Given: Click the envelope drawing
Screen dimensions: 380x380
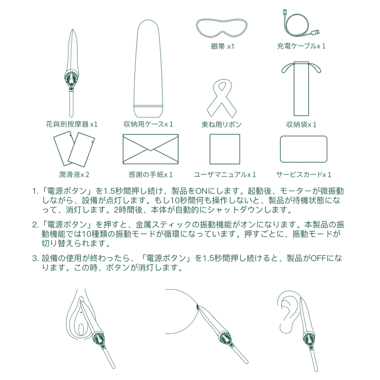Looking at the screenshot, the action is (x=151, y=149).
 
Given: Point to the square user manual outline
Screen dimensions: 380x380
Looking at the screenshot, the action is (x=225, y=149).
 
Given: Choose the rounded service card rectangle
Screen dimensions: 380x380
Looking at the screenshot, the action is (x=304, y=149).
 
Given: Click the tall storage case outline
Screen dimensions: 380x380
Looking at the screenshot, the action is (x=148, y=68).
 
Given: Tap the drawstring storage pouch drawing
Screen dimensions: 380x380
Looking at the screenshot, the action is (x=301, y=89).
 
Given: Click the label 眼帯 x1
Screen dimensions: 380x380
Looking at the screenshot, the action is (x=222, y=46).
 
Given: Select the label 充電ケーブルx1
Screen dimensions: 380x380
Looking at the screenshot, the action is (x=301, y=46).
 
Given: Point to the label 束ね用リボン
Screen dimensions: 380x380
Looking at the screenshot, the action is (x=222, y=124).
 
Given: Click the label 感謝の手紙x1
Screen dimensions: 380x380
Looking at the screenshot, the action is (x=150, y=174).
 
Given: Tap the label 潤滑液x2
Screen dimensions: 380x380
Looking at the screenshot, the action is (x=74, y=174).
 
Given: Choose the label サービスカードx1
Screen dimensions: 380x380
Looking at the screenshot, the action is (x=304, y=174).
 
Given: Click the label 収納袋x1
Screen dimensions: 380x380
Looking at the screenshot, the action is (x=301, y=124).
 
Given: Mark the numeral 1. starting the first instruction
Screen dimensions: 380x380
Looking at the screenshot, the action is (x=36, y=191).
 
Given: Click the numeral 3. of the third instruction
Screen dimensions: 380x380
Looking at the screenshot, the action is (x=35, y=258).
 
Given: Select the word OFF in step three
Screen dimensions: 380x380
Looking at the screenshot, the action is (x=318, y=258).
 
